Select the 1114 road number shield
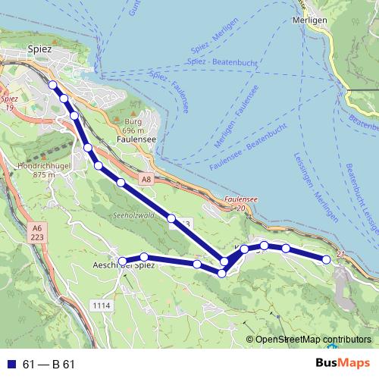(101, 305)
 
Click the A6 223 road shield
(39, 232)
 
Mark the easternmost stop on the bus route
(327, 259)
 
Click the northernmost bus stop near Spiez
(53, 85)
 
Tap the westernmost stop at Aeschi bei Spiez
(123, 262)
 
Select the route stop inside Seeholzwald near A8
(172, 219)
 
